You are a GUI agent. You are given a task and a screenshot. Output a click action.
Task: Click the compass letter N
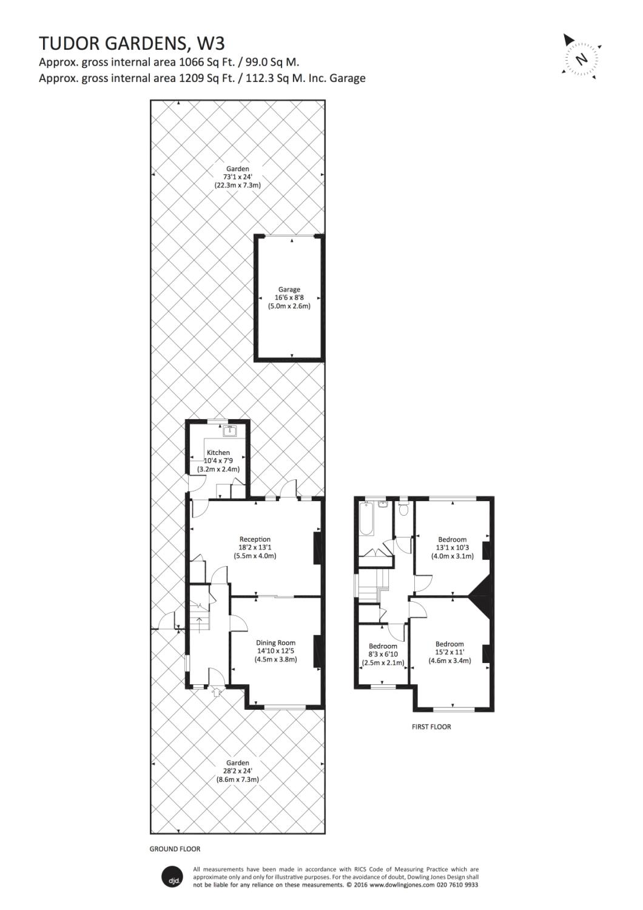pos(582,59)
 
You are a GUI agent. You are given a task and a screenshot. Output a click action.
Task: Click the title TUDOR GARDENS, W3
pos(132,43)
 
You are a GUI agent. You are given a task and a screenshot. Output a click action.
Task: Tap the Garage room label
pos(289,290)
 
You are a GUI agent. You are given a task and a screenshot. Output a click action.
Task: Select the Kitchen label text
pos(218,453)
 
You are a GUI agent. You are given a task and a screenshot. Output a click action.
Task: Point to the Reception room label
pos(255,539)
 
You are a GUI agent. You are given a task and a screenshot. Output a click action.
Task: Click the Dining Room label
pos(275,642)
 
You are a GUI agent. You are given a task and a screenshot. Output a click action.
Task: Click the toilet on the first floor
pos(404,510)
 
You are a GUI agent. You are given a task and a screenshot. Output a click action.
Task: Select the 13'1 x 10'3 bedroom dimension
pos(452,548)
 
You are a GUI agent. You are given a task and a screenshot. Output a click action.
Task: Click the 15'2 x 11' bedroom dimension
pos(449,652)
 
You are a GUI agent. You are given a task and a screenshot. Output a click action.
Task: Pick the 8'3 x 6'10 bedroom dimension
pos(383,655)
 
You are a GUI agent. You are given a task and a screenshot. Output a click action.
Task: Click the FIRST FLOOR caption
pos(431,727)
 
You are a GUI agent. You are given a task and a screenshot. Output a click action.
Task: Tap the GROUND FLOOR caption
pos(175,849)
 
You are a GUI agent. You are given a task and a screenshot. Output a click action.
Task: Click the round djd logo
pos(171,877)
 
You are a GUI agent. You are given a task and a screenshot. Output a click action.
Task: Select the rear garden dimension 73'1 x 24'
pos(237,177)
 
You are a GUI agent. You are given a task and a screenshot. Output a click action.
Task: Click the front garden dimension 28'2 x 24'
pos(237,771)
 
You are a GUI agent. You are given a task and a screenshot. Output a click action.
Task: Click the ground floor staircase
pos(200,619)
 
